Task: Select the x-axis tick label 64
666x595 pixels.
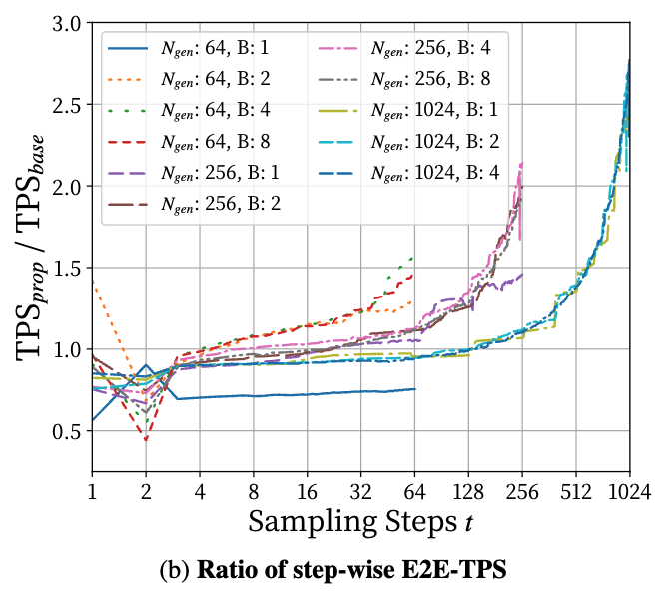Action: pos(414,491)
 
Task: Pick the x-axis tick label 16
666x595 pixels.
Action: pos(307,491)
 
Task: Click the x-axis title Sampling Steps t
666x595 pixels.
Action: pos(359,522)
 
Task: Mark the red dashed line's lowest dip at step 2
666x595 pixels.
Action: pos(146,440)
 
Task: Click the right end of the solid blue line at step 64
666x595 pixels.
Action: pos(413,389)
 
